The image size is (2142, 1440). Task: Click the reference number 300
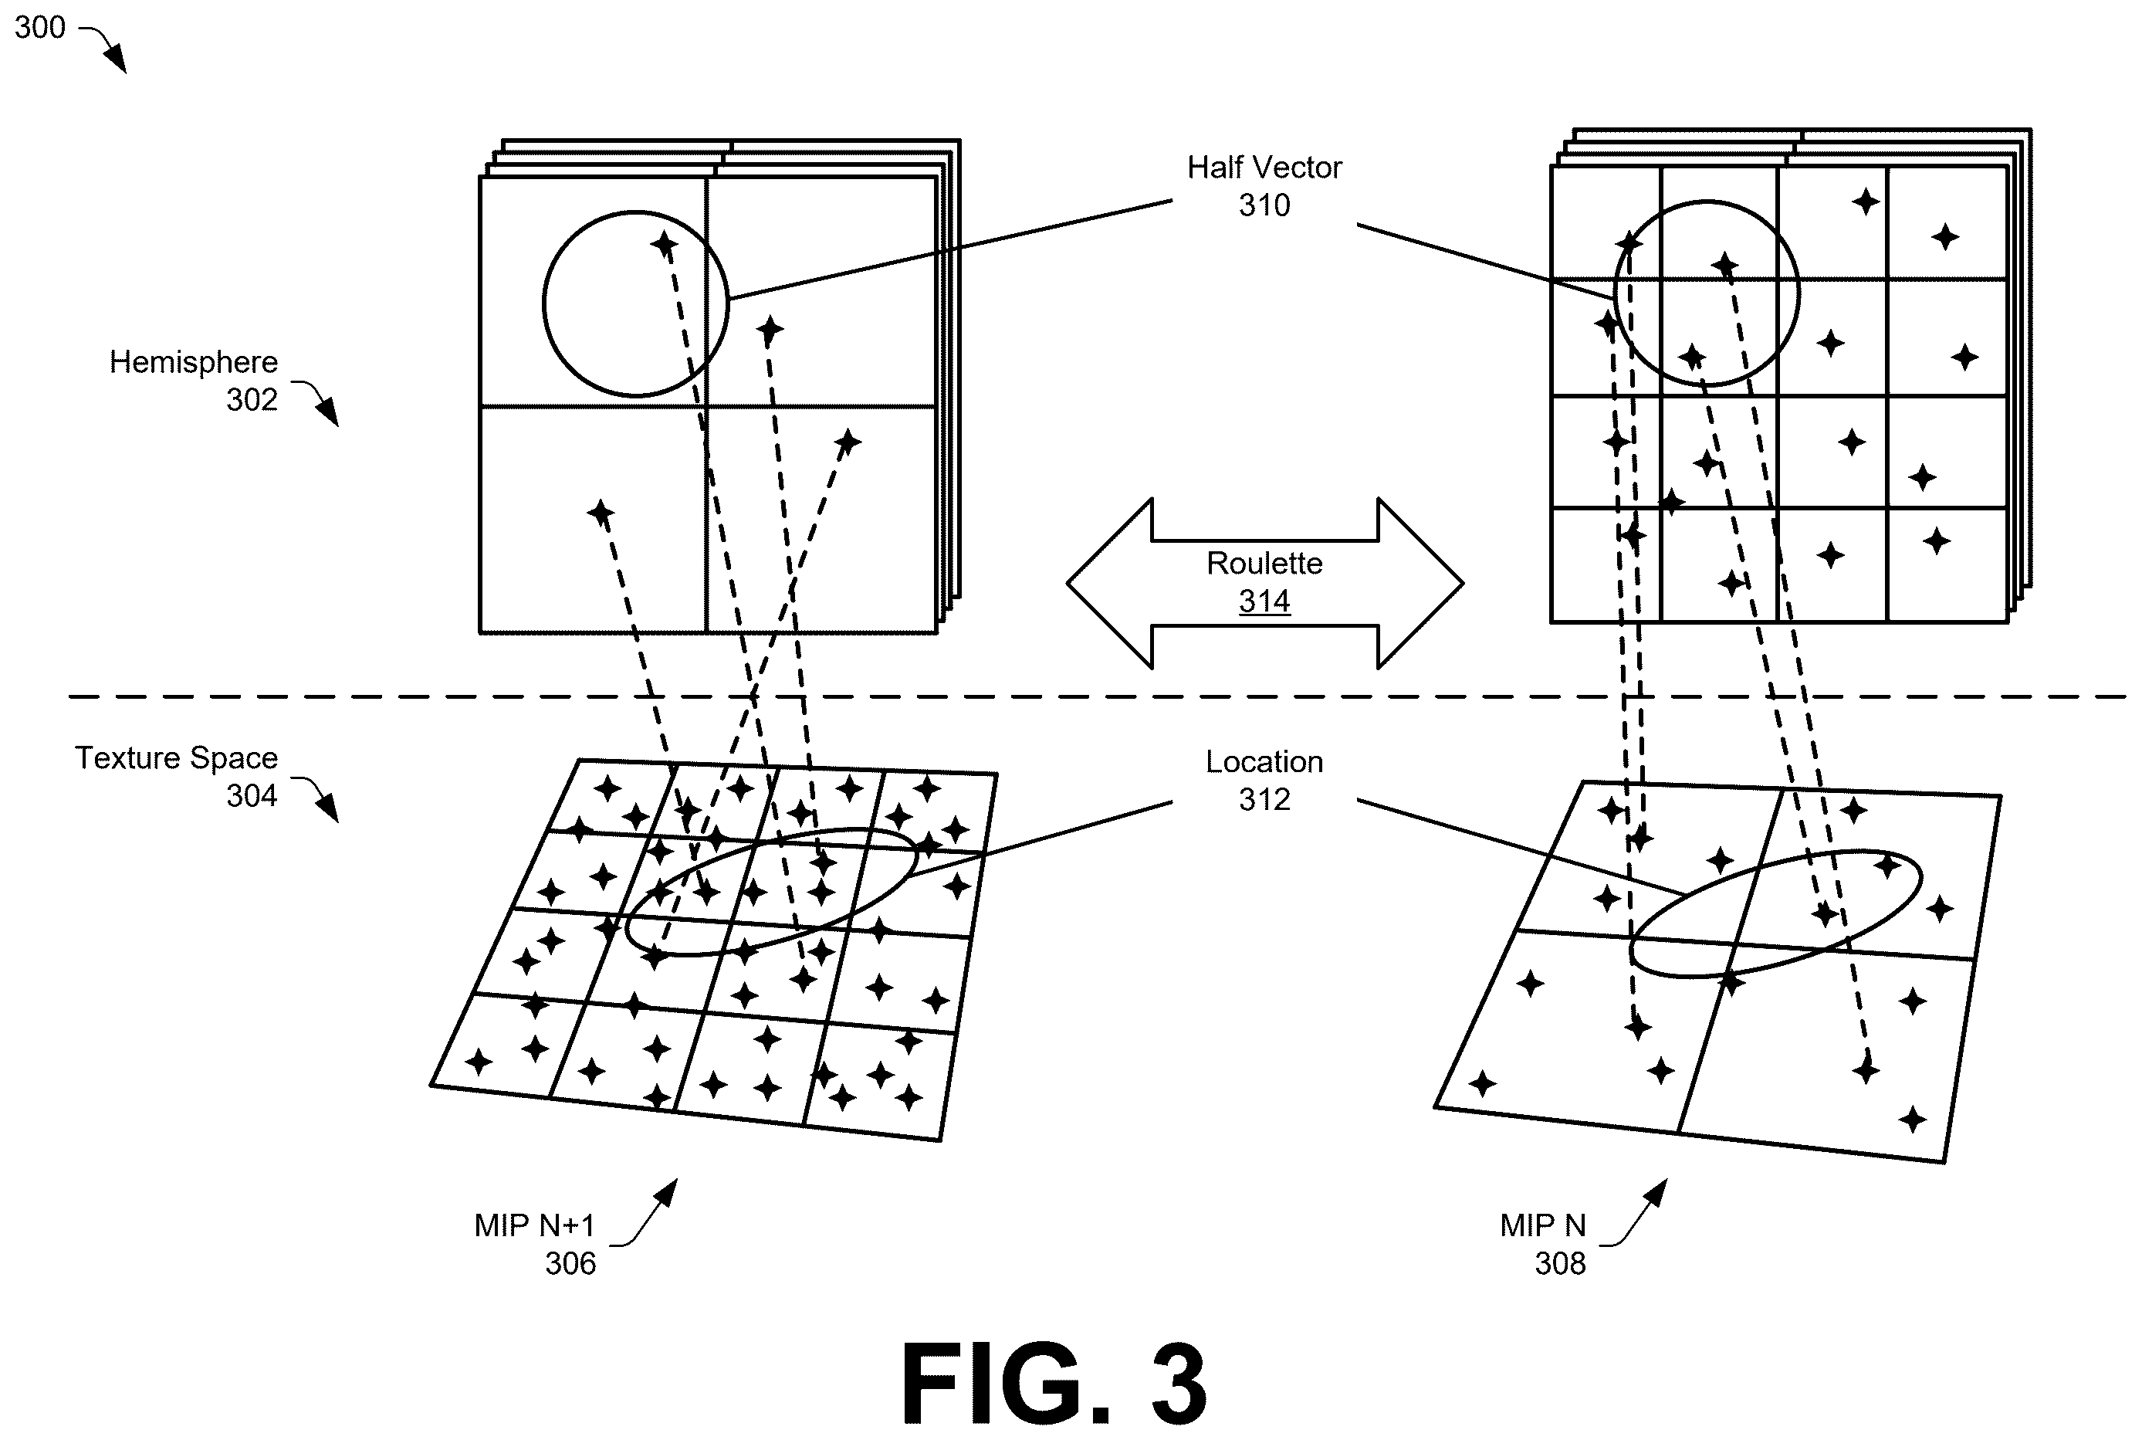coord(39,28)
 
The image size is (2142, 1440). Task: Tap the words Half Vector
coord(1264,167)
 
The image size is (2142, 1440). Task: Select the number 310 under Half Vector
coord(1264,205)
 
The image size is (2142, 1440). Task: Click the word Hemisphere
coord(193,362)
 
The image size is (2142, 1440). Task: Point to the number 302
coord(252,399)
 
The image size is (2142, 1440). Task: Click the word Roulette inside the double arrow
coord(1264,563)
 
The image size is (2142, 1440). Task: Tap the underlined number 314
coord(1264,601)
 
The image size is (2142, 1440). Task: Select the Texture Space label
coord(176,757)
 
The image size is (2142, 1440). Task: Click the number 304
coord(252,795)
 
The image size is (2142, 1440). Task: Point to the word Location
coord(1264,761)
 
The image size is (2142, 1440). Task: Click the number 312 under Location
coord(1264,799)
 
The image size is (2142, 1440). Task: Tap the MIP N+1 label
coord(534,1225)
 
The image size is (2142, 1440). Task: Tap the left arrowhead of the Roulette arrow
coord(1109,583)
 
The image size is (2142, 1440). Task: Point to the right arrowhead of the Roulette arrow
coord(1421,583)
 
